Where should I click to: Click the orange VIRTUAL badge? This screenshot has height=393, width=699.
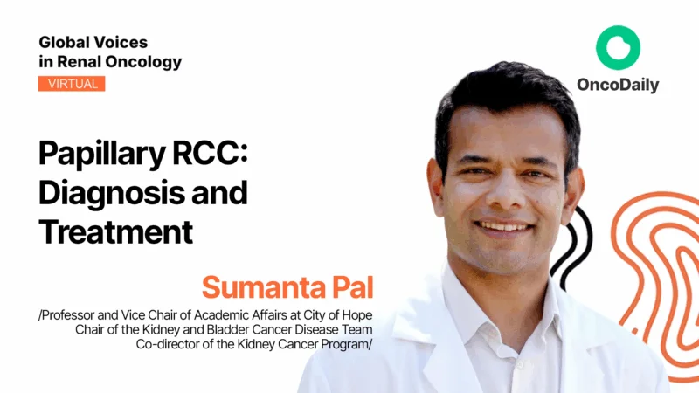pyautogui.click(x=72, y=84)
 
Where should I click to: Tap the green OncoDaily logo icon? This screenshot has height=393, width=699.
pyautogui.click(x=618, y=49)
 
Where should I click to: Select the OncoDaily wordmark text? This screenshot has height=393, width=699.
pyautogui.click(x=618, y=86)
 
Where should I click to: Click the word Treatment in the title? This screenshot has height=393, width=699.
pyautogui.click(x=114, y=231)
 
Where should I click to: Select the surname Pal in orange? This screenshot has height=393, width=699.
pyautogui.click(x=348, y=286)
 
